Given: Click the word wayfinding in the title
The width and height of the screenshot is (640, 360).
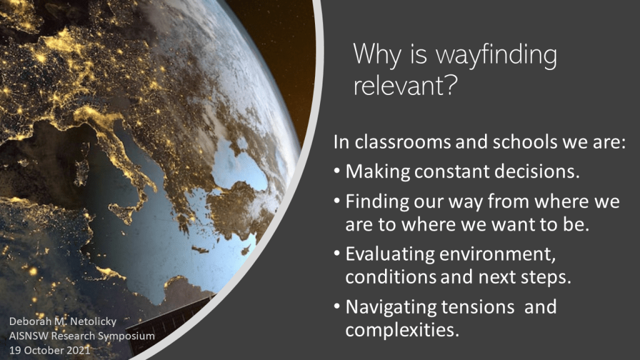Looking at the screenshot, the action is coord(497,55).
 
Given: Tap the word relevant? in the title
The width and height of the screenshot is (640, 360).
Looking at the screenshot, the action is coord(405,85).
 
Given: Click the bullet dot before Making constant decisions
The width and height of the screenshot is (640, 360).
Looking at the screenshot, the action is coord(337,171).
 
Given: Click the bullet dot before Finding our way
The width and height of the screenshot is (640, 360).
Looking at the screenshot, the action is coord(337,201).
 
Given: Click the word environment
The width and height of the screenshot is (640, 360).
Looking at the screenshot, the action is coord(497,254).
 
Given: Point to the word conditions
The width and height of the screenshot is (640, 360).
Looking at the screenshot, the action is coord(391,277).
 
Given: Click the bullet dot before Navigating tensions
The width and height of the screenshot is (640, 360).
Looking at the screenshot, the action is coord(337,306).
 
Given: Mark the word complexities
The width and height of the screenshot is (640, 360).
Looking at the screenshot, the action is coord(402,330).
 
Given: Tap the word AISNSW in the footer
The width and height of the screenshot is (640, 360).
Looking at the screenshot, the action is coord(28,336).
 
